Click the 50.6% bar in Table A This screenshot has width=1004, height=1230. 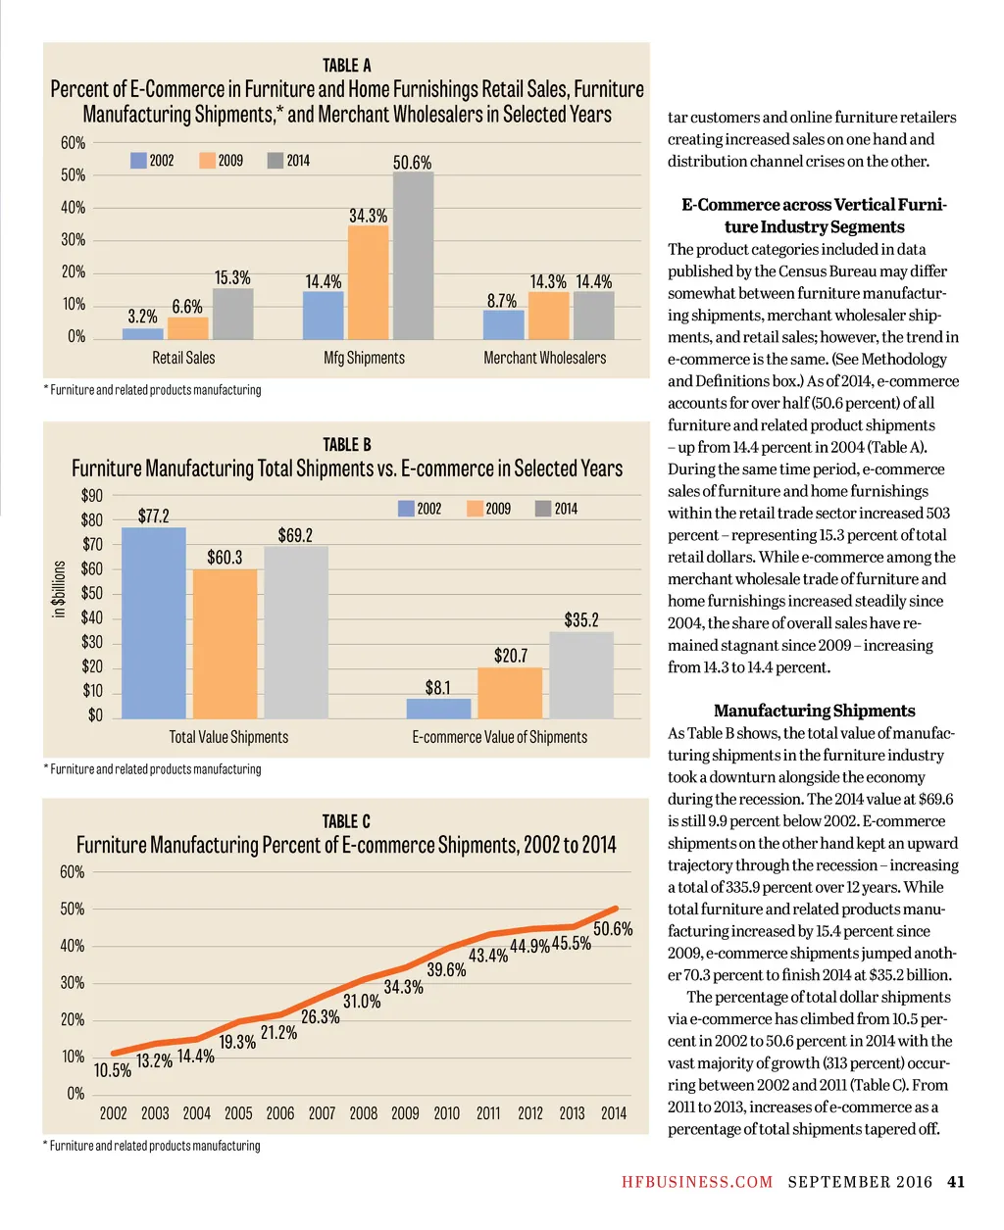[413, 256]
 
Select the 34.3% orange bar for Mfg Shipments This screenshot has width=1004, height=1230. [368, 282]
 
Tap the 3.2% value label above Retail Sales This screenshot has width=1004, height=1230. [142, 317]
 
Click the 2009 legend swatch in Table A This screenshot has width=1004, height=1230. [207, 161]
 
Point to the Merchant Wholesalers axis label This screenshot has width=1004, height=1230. [544, 359]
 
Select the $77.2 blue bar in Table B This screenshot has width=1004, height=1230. [153, 622]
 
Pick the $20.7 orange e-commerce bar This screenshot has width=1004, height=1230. [510, 693]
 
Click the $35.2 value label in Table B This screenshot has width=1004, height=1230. [580, 620]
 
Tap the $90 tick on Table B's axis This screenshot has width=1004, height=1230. [91, 496]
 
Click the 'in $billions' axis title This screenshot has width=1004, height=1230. [60, 589]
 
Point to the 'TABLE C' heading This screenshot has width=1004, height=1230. [346, 821]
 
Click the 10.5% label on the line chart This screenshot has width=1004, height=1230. [112, 1070]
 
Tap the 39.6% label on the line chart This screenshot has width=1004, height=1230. [446, 970]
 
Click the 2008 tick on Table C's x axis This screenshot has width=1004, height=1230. [363, 1113]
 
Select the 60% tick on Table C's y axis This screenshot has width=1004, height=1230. [73, 872]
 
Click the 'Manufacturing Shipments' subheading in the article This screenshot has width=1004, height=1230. [814, 711]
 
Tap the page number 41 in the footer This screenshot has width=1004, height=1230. [956, 1182]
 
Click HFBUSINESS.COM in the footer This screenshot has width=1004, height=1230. [697, 1182]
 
